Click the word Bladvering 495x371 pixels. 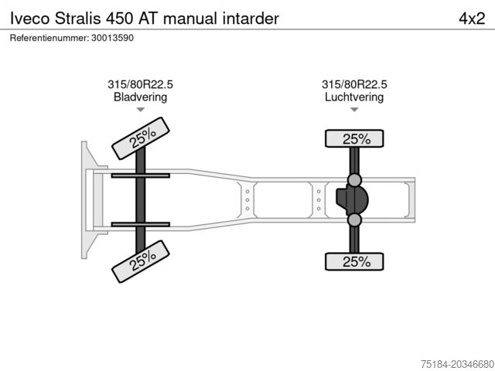tap(140, 97)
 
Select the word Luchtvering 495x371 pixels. tap(354, 97)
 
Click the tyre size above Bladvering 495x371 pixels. tap(140, 85)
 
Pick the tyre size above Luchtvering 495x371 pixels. tap(354, 85)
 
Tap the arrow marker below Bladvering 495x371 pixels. tap(140, 110)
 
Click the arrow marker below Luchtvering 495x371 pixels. tap(354, 110)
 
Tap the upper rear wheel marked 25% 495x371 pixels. tap(355, 139)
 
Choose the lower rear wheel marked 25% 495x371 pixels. tap(355, 261)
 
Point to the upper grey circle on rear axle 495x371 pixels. tap(355, 180)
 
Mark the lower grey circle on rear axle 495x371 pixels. tap(355, 221)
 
